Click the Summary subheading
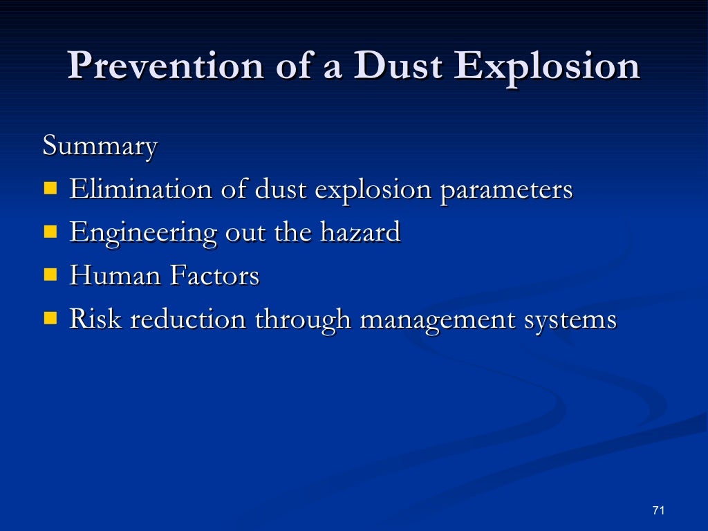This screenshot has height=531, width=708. point(100,147)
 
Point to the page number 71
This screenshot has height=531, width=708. point(658,510)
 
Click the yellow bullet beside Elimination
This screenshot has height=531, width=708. point(50,188)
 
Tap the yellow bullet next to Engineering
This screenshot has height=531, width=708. point(50,232)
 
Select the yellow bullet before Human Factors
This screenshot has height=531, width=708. point(50,275)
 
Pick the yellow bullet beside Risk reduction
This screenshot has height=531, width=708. point(50,318)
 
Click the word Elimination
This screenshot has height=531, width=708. point(140,189)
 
